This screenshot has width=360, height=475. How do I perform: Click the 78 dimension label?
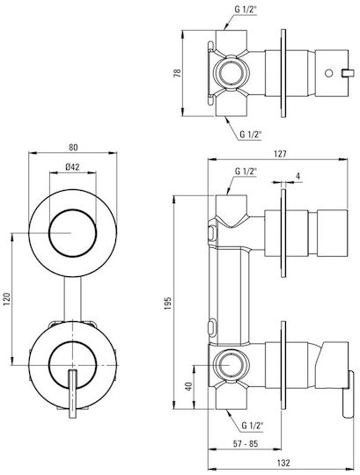point(177,73)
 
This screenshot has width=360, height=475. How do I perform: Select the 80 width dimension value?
point(73,147)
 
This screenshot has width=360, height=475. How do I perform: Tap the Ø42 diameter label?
point(72,166)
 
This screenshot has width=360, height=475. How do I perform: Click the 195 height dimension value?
point(167,303)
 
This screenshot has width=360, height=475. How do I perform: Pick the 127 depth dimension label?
point(280,154)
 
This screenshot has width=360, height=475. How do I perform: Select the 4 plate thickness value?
point(298,176)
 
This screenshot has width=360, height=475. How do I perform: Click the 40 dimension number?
point(188,386)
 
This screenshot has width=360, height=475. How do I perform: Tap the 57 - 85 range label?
point(246,444)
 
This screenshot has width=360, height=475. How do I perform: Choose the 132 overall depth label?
point(283,463)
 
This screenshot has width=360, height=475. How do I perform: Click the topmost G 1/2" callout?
point(246,10)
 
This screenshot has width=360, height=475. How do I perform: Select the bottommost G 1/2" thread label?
point(252,426)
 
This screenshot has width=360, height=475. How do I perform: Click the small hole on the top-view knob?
point(328,73)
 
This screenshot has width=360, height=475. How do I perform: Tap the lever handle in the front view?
point(72,394)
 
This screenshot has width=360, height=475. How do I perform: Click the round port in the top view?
point(231,73)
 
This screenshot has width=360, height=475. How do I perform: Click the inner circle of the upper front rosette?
point(73,233)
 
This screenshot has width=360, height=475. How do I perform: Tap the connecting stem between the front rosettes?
point(73,299)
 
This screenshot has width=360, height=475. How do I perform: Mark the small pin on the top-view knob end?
point(348,73)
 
